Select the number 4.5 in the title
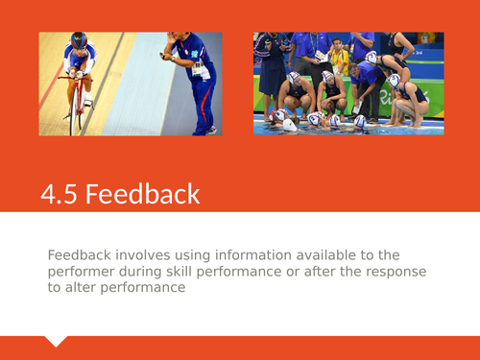[60, 194]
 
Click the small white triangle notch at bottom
[57, 341]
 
